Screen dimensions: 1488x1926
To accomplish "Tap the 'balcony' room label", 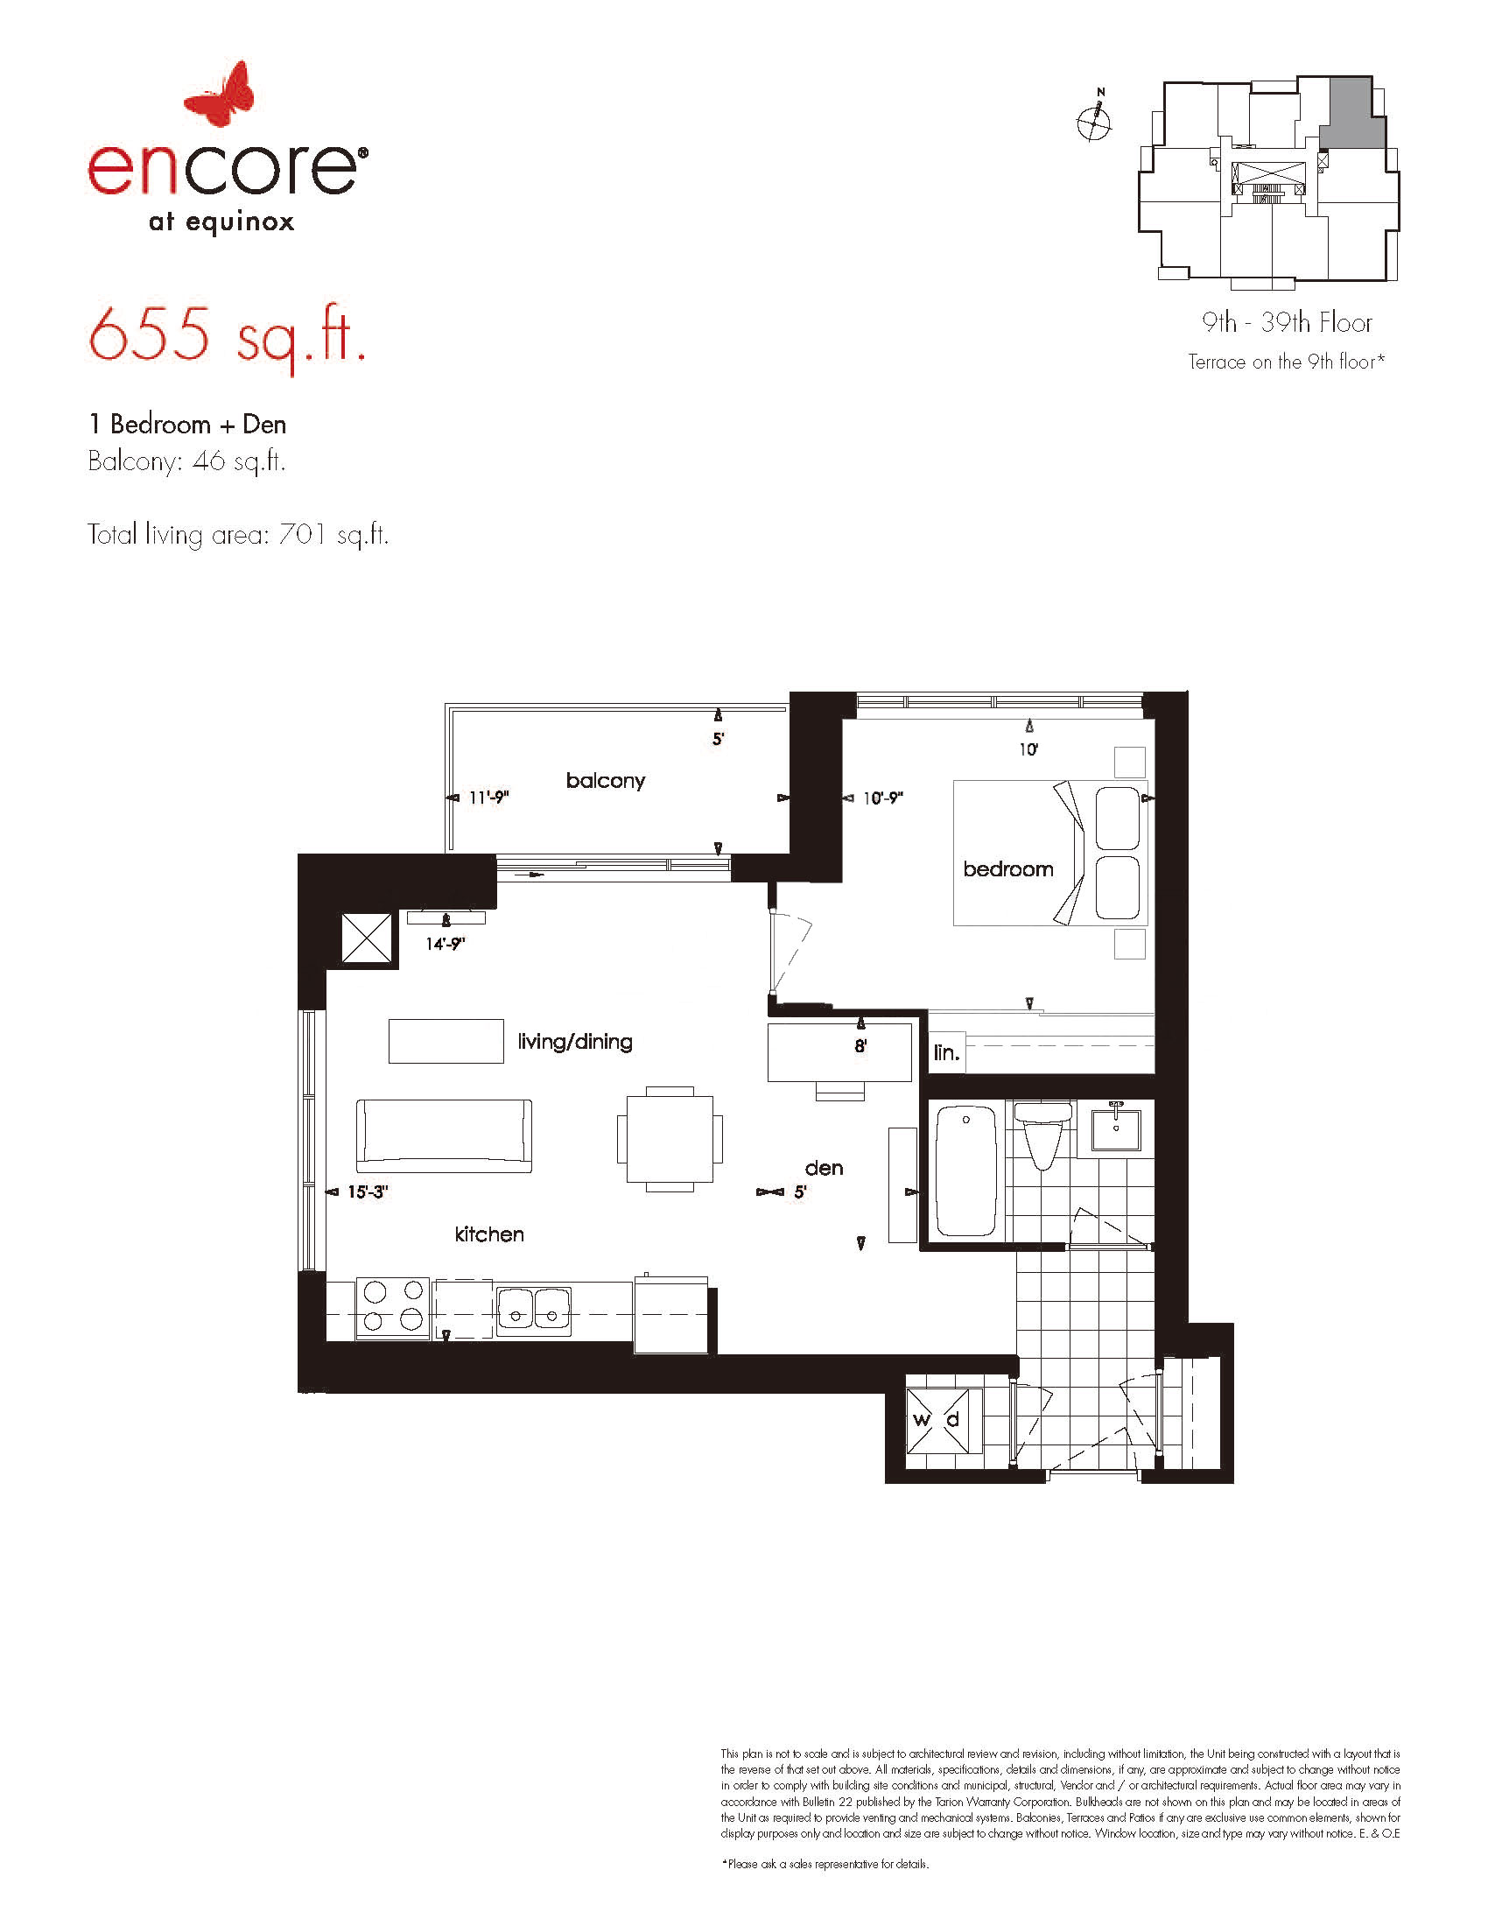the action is click(x=606, y=780).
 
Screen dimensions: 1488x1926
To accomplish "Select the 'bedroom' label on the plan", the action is click(x=1007, y=869).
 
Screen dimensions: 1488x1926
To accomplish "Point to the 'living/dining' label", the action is click(x=575, y=1042).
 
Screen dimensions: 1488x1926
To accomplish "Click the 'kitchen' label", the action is click(x=489, y=1234).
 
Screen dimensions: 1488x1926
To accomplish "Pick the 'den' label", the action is click(x=825, y=1169).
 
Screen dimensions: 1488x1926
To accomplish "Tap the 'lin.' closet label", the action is click(x=946, y=1052).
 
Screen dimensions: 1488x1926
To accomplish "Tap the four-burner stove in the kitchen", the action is click(x=392, y=1310).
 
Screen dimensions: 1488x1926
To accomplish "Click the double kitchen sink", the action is click(x=533, y=1311).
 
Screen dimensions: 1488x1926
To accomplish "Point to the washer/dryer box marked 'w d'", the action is click(x=944, y=1421).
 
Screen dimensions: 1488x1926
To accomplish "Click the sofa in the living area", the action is click(x=445, y=1135).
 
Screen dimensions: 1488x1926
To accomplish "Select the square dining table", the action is click(x=670, y=1138).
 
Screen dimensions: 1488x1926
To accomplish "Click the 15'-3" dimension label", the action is click(x=368, y=1191).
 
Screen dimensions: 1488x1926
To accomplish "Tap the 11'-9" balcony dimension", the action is click(x=489, y=798).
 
